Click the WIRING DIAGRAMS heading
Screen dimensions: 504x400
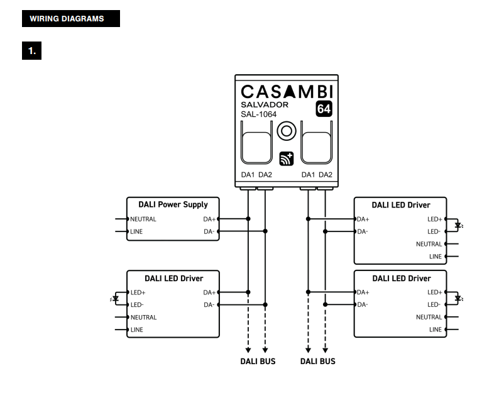pos(67,19)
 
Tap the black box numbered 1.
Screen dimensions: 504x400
pos(32,50)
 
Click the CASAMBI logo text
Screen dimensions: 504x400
pos(287,92)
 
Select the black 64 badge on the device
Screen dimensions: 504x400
pos(324,109)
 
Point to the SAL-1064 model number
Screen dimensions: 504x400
pos(258,114)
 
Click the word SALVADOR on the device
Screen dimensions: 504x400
pos(265,104)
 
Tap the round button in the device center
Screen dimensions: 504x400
pos(287,131)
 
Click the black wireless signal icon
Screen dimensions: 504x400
pos(287,158)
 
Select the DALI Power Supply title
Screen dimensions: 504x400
pos(173,204)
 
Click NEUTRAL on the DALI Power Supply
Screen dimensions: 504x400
pos(143,219)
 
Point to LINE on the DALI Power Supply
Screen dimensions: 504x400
pos(136,231)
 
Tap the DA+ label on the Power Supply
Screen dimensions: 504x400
pos(209,219)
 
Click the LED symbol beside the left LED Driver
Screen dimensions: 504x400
pos(115,299)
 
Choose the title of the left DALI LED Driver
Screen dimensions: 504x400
pos(174,279)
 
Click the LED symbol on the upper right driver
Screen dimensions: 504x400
pos(458,225)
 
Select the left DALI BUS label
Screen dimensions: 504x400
pos(258,362)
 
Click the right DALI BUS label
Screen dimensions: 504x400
pos(317,362)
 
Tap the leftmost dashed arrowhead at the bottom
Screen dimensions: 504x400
pos(248,350)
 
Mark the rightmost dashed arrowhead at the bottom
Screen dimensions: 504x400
pos(326,350)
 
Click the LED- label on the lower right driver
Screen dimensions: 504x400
pos(434,304)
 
